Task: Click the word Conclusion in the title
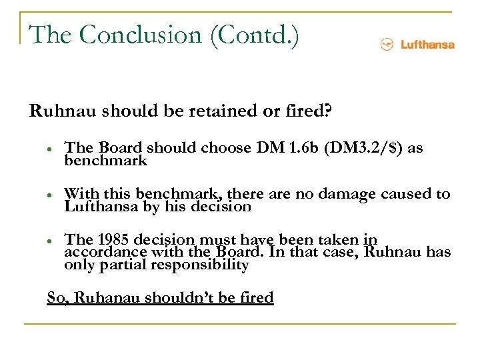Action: (140, 34)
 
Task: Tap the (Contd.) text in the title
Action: (254, 34)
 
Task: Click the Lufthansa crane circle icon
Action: (387, 45)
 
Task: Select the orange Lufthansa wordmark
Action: (427, 45)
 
